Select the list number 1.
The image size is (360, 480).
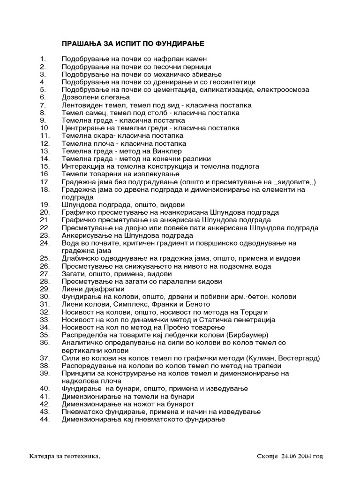[43, 59]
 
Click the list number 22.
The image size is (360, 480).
[45, 228]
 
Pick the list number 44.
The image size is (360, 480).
[45, 419]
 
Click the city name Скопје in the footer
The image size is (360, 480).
[268, 456]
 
